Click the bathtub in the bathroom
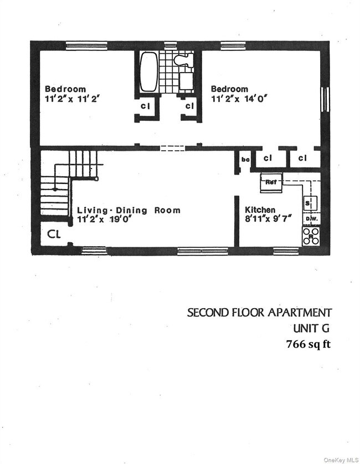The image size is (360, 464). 148,72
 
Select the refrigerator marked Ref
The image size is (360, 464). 271,182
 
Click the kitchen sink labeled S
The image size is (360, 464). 309,203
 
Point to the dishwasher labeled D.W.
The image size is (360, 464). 311,219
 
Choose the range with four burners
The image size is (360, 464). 311,237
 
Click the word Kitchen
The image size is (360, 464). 260,210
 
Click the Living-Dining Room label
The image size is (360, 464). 128,210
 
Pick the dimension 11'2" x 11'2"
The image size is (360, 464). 72,99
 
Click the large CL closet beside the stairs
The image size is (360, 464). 53,234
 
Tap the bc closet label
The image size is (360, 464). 245,160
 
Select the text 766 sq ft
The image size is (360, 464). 308,344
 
